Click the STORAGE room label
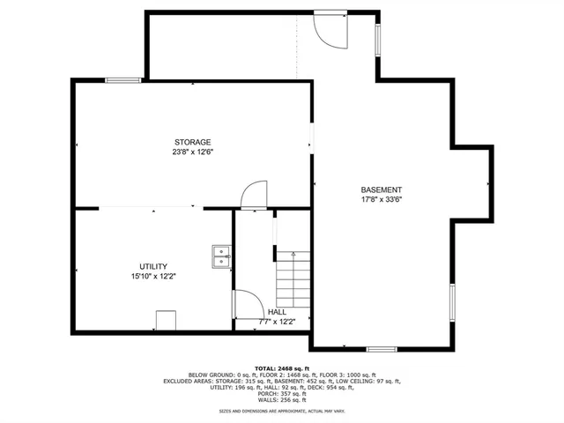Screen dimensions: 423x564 [192, 142]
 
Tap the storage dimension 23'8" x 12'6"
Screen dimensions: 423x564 [192, 152]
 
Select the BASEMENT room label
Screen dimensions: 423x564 [382, 189]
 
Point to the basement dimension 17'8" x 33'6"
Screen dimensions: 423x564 [382, 199]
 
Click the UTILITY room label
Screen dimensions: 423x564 [153, 267]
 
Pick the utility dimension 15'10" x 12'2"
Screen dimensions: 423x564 [153, 277]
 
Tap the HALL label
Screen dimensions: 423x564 [277, 312]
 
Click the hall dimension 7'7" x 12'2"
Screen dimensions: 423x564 [277, 322]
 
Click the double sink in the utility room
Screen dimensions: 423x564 [220, 256]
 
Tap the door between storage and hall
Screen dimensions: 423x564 [254, 196]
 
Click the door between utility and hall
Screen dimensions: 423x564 [246, 306]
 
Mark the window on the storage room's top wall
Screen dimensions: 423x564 [122, 81]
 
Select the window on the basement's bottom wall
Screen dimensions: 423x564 [381, 349]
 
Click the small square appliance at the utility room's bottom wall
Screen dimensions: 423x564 [165, 320]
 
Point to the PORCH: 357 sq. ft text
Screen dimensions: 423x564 [282, 396]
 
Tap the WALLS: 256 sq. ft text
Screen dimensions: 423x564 [282, 403]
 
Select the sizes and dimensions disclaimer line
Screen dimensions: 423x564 [282, 412]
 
